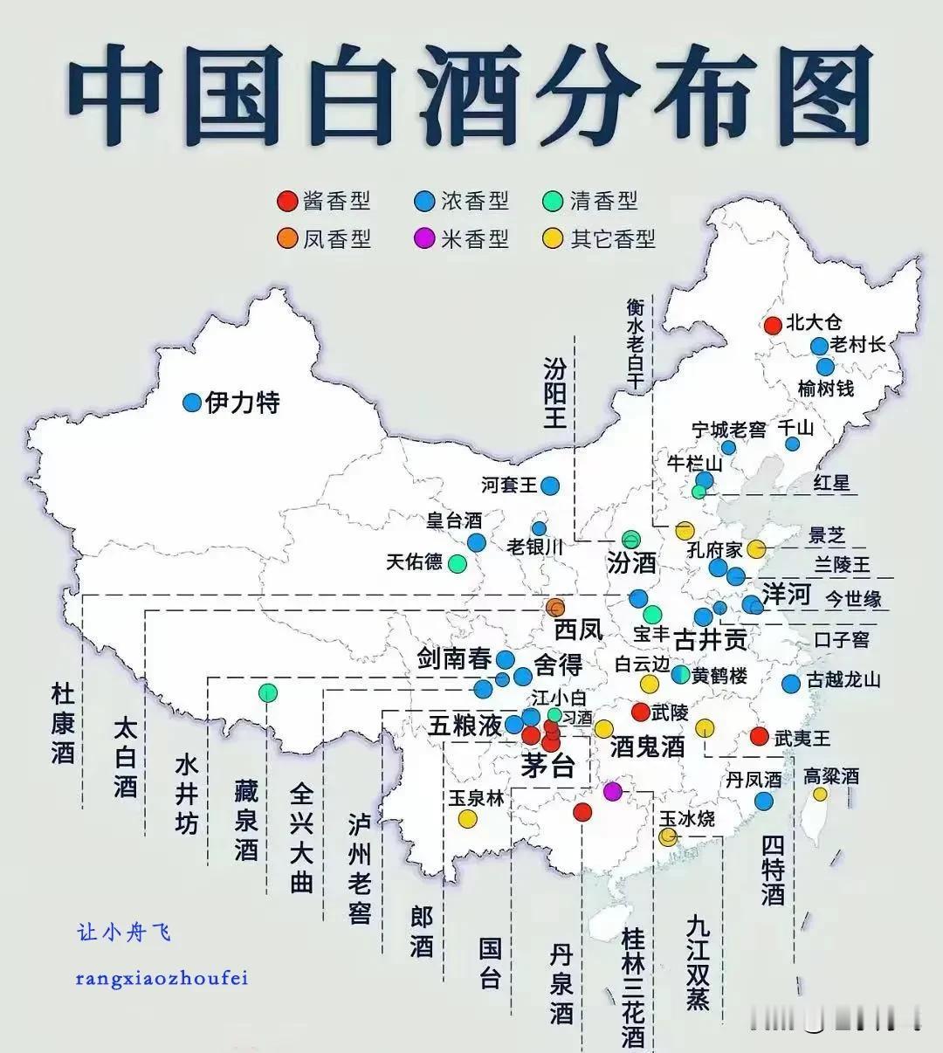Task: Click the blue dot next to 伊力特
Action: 192,403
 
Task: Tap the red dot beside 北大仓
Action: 773,325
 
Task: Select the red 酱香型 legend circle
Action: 286,201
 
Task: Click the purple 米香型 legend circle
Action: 424,238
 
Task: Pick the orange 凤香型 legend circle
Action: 286,238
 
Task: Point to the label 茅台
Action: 547,766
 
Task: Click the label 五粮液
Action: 465,725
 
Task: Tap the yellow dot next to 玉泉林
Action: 468,818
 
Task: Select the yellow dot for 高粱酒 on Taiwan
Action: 820,794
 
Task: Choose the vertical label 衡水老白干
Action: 635,344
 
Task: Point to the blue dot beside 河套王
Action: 549,485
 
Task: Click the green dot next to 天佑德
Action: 457,563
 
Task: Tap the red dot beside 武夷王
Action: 759,736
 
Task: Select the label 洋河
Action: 787,595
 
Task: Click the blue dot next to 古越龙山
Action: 791,683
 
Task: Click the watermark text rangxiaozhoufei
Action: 162,978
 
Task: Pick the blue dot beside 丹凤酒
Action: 764,801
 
